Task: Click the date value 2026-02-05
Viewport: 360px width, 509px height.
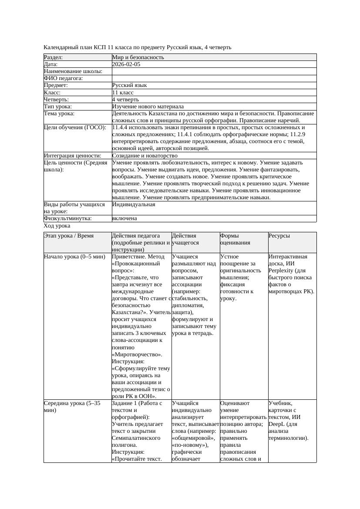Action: pyautogui.click(x=126, y=64)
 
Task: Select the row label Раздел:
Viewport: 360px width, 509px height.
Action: pyautogui.click(x=54, y=57)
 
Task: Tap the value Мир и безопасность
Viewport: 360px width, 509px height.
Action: pyautogui.click(x=138, y=57)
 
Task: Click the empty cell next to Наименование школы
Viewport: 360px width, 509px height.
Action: pyautogui.click(x=213, y=71)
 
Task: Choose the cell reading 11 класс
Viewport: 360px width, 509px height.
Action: pyautogui.click(x=123, y=93)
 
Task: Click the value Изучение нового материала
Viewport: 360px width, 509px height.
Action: pyautogui.click(x=148, y=107)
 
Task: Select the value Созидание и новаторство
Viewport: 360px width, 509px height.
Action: pyautogui.click(x=145, y=156)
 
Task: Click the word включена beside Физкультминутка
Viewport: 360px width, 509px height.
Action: pyautogui.click(x=124, y=218)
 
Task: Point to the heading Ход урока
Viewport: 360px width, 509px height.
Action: pyautogui.click(x=57, y=226)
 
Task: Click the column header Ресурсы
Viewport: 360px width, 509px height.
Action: pyautogui.click(x=279, y=236)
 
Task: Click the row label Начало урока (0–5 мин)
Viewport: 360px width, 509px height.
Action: pyautogui.click(x=75, y=257)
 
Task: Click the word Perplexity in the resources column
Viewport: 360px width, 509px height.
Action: pyautogui.click(x=283, y=271)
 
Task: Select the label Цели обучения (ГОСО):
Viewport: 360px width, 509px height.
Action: pyautogui.click(x=75, y=127)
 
